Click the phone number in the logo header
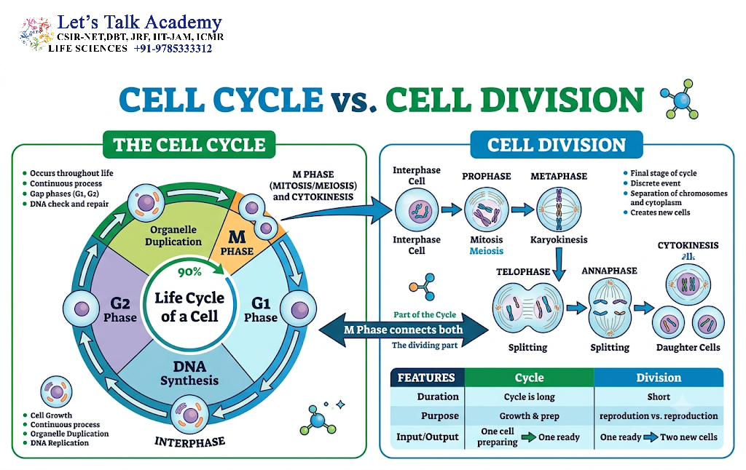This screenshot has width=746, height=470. (x=173, y=49)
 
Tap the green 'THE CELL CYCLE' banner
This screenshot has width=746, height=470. (x=189, y=145)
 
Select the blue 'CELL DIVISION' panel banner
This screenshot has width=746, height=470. (x=556, y=145)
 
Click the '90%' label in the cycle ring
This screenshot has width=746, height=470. (x=190, y=272)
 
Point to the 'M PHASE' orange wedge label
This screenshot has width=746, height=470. (x=237, y=242)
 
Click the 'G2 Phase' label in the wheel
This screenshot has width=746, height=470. (x=120, y=310)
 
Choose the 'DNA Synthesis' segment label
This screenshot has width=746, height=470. (x=189, y=373)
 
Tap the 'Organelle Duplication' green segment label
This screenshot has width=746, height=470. (x=173, y=235)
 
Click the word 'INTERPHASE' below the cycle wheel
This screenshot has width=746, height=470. (x=190, y=442)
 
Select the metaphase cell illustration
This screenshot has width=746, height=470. (x=559, y=210)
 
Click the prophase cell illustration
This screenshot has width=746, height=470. (x=486, y=210)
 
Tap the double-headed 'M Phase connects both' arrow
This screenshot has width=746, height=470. (x=404, y=330)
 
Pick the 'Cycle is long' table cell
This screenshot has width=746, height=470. (x=530, y=397)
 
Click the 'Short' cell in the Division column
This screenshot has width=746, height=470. (x=659, y=397)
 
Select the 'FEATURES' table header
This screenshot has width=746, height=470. (x=426, y=378)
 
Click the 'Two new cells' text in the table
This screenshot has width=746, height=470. (x=688, y=437)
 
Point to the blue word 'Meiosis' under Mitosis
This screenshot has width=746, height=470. (x=486, y=251)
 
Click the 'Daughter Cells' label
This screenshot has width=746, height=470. (x=688, y=347)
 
